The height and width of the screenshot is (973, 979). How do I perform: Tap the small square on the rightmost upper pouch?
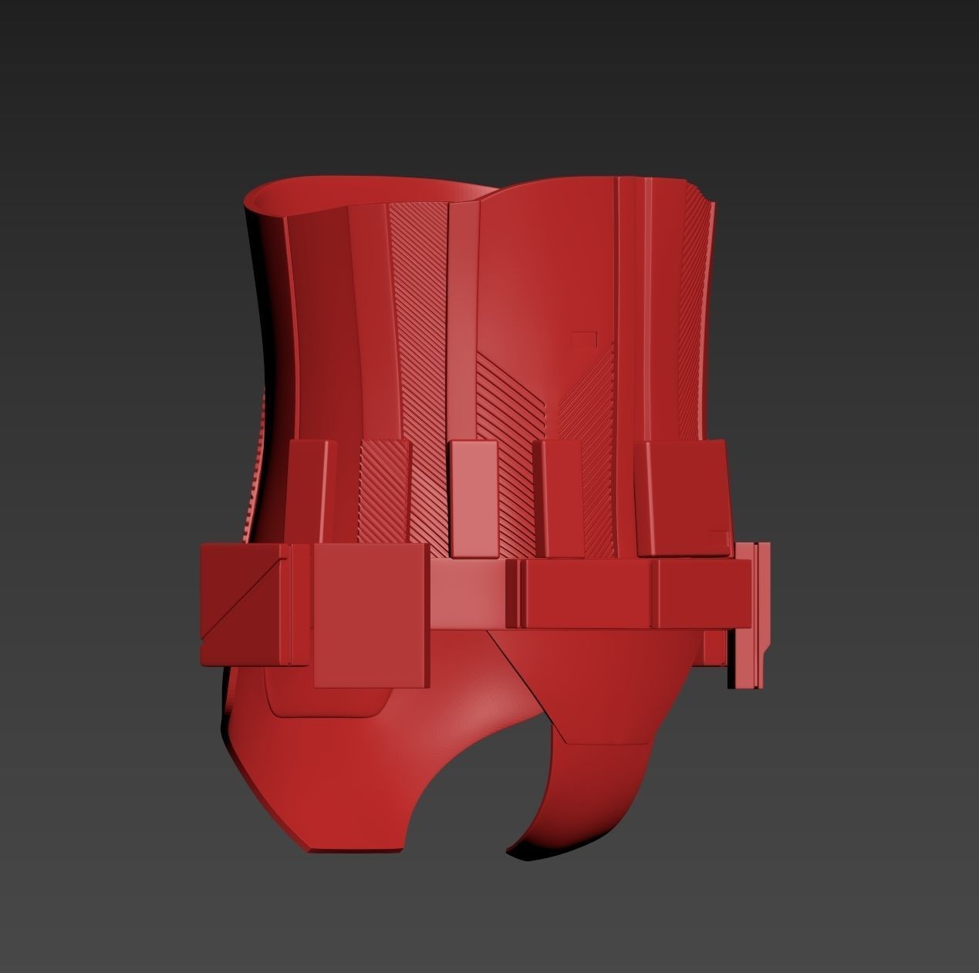click(x=718, y=537)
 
